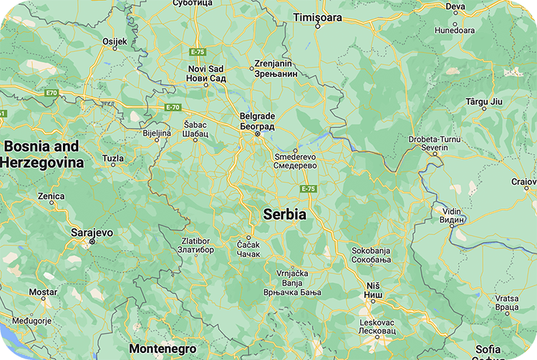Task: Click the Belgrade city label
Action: pyautogui.click(x=257, y=120)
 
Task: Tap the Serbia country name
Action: pyautogui.click(x=284, y=214)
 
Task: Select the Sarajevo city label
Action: pyautogui.click(x=92, y=233)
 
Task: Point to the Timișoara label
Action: pyautogui.click(x=318, y=16)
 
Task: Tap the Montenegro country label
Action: pyautogui.click(x=163, y=349)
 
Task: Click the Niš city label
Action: pyautogui.click(x=373, y=290)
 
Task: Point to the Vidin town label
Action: pyautogui.click(x=452, y=215)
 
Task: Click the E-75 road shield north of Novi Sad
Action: pyautogui.click(x=198, y=52)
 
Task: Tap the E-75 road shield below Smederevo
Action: pyautogui.click(x=308, y=188)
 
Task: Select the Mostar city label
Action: pyautogui.click(x=42, y=292)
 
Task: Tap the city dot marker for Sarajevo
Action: pyautogui.click(x=92, y=242)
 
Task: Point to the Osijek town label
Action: pyautogui.click(x=115, y=42)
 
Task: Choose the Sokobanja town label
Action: pyautogui.click(x=372, y=255)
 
